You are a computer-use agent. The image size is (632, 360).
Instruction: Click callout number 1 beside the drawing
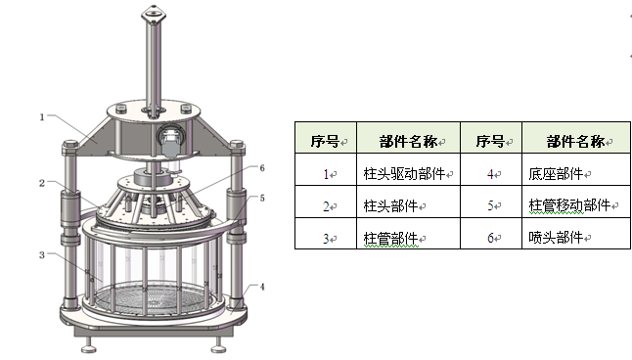[42, 117]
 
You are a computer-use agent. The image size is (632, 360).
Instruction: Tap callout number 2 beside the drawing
[42, 183]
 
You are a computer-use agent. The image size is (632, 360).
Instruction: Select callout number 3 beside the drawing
[42, 254]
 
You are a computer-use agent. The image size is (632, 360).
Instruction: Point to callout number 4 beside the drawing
[262, 287]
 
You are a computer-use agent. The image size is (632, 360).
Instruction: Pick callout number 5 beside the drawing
[262, 198]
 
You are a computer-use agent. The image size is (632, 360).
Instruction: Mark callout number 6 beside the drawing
[262, 168]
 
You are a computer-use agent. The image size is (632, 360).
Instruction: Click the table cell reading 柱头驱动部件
[408, 169]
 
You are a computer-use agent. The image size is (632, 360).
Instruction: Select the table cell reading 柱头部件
[408, 202]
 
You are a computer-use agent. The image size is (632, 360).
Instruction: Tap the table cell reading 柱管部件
[408, 234]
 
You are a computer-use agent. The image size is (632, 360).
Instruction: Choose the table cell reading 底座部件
[576, 169]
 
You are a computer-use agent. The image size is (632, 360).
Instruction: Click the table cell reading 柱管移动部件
[576, 202]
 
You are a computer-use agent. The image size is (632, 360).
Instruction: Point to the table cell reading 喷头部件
[576, 234]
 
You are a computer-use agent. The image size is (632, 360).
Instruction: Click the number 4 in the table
[490, 174]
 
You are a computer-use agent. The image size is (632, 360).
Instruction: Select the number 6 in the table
[490, 239]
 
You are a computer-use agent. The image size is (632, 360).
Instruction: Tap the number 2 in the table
[326, 206]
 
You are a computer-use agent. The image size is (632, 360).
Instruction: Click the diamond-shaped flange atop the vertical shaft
[154, 16]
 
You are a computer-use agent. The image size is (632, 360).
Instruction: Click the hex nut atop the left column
[70, 144]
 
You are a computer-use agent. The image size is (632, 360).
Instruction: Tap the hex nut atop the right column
[237, 144]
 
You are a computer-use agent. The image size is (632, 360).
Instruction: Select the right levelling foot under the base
[218, 345]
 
